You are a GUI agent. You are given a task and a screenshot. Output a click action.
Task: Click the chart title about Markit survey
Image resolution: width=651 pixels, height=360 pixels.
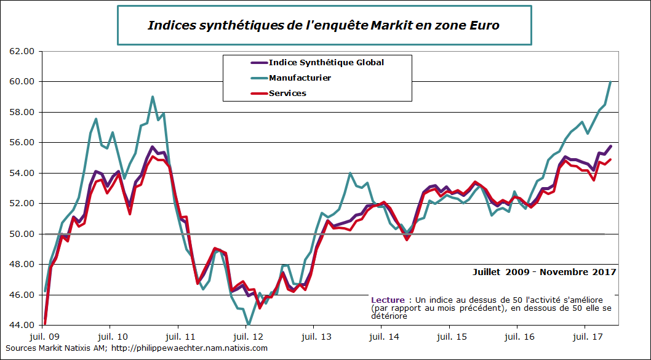tap(324, 25)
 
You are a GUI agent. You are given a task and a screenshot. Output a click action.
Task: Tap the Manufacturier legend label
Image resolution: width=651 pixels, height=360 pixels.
tap(300, 78)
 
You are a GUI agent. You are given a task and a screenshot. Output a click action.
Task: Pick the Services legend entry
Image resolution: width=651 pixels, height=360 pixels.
tap(287, 94)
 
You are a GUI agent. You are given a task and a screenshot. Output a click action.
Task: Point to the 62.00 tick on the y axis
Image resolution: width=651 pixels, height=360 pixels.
tap(22, 52)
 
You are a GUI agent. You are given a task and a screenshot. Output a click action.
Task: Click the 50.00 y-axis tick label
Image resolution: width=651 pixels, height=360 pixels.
tap(22, 234)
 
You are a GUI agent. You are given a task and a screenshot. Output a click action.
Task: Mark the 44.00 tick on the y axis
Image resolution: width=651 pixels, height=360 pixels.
tap(22, 325)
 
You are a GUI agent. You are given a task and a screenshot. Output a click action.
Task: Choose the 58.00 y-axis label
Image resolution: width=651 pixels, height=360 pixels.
tap(22, 113)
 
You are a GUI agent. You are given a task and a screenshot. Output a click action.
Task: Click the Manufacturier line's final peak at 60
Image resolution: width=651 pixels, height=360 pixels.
tap(610, 81)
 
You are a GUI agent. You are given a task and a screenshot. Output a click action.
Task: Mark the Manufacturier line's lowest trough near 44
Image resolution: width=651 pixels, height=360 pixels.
tap(249, 324)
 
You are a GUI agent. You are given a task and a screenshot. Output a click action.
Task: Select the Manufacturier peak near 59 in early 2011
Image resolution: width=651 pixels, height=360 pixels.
tap(153, 97)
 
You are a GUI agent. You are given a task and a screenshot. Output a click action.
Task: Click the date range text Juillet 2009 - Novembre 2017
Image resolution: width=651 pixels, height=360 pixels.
tap(544, 271)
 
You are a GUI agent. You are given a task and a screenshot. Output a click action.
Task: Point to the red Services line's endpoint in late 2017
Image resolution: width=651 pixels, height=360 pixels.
tap(610, 159)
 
